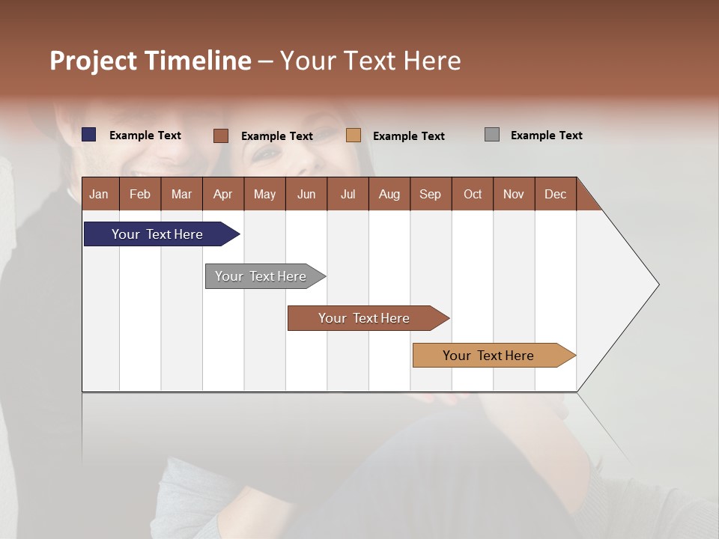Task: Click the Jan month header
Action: (99, 194)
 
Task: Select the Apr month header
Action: (222, 194)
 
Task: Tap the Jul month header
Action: (348, 194)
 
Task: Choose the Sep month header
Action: (430, 194)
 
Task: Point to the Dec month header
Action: (555, 194)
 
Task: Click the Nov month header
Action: (513, 194)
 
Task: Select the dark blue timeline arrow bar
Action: (157, 234)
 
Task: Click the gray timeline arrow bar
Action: (261, 276)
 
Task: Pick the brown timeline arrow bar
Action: (364, 318)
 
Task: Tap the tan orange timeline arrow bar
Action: (488, 356)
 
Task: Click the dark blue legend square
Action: (89, 135)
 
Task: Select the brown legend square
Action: (220, 135)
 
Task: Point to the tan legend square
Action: (354, 135)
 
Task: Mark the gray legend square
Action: (492, 135)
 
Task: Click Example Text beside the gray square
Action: (546, 135)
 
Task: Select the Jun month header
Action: (306, 194)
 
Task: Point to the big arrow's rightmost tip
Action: (658, 284)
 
